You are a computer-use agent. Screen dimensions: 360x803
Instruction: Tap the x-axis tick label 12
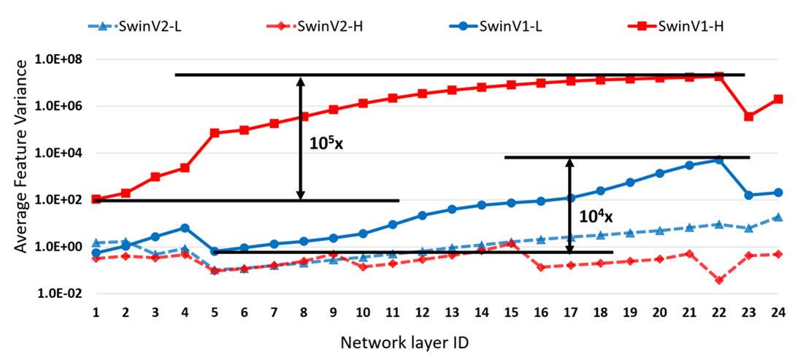[422, 312]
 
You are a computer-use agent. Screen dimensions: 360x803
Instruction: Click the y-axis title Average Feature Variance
[21, 175]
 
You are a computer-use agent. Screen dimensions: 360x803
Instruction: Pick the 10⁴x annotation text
[596, 216]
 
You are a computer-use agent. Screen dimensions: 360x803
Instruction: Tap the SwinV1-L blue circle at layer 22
[719, 159]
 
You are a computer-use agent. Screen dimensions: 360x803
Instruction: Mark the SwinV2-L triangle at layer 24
[778, 217]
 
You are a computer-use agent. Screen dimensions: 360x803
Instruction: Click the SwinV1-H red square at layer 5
[215, 133]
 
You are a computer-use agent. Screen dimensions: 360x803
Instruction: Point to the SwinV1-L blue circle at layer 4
[185, 228]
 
